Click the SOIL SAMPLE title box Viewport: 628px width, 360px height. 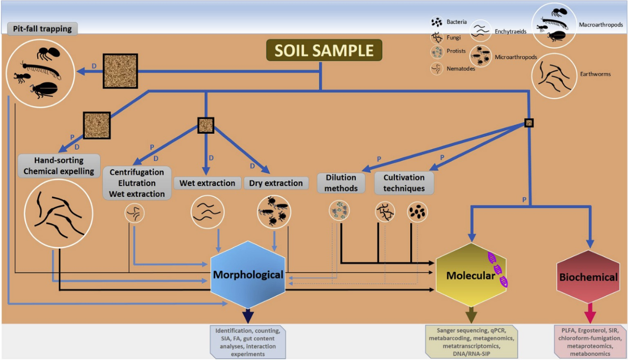coord(324,51)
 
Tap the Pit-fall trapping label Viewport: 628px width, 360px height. coord(42,28)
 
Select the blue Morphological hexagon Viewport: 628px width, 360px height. coord(248,275)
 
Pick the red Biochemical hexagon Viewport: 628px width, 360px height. coord(588,277)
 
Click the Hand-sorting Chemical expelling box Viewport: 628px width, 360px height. coord(59,166)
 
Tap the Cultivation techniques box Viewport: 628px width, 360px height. coord(404,182)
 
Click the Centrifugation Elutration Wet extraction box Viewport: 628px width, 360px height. coord(137,183)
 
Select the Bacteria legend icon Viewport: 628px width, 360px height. coord(436,22)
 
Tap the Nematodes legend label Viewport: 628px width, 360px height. coord(461,69)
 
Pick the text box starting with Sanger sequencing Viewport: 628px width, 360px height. coord(471,341)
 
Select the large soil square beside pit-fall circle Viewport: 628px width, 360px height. coord(120,71)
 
